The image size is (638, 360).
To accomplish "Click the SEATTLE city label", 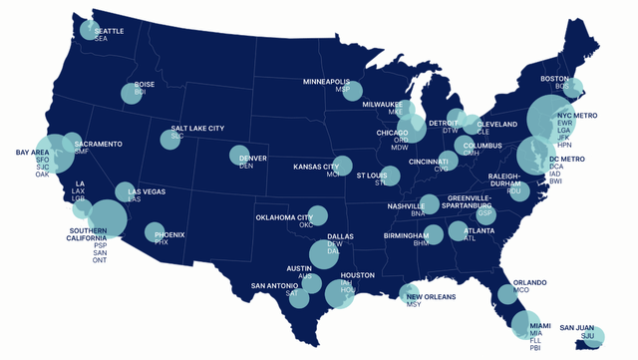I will pos(109,31).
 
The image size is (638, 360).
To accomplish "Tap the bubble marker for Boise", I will pos(132,94).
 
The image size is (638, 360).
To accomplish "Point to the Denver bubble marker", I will pos(239,156).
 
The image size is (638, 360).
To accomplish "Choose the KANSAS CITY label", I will pos(316,167).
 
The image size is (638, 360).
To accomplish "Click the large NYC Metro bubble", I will pos(549,119).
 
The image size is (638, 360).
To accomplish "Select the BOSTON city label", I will pos(554,78).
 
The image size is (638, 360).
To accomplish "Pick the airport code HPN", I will pos(564,145).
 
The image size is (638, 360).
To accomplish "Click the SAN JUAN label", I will pos(577,327).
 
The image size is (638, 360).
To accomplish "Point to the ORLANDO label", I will pos(529,282).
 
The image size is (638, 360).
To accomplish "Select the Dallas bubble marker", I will pos(325,254).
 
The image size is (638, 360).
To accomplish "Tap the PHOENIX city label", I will pos(169,233).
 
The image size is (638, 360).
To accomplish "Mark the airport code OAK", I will pos(42,175).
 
